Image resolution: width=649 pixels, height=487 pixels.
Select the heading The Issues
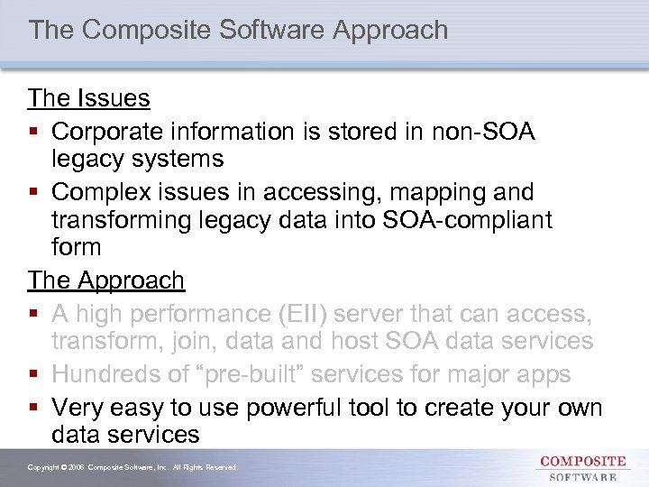point(88,97)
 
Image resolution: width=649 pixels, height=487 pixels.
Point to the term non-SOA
point(485,132)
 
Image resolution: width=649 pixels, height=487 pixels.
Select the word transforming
point(121,220)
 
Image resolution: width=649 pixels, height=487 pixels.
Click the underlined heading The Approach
point(105,280)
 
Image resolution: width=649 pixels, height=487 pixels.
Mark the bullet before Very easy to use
point(34,408)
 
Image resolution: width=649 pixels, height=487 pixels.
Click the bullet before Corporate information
point(34,133)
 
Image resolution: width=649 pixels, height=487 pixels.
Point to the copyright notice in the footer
point(133,468)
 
